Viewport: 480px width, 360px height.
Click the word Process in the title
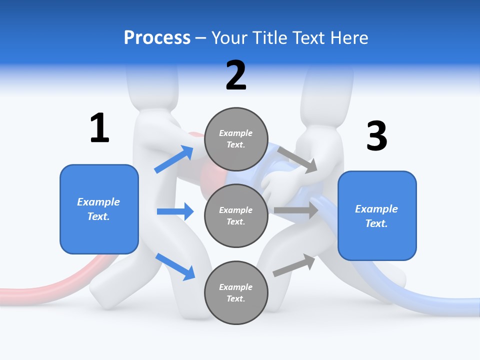tap(157, 38)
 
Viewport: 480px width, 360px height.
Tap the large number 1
tap(99, 128)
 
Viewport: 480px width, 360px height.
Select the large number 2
tap(236, 75)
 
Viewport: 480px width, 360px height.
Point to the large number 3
tap(376, 136)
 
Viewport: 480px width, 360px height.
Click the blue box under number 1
tap(99, 209)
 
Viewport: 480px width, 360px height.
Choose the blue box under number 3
tap(377, 216)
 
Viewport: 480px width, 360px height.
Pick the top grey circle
tap(236, 139)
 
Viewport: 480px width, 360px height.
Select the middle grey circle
tap(236, 215)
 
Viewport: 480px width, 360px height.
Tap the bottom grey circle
tap(236, 292)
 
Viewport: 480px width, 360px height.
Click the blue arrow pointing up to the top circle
tap(174, 159)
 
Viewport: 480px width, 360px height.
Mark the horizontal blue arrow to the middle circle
tap(175, 211)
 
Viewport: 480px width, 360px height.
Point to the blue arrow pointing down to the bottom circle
tap(175, 266)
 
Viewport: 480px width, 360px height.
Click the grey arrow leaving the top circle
tap(297, 159)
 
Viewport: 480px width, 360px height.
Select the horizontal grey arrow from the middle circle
tap(296, 210)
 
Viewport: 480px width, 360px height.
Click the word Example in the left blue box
tap(98, 202)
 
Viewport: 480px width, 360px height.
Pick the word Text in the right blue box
tap(375, 223)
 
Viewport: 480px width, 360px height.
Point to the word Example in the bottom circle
tap(235, 287)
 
